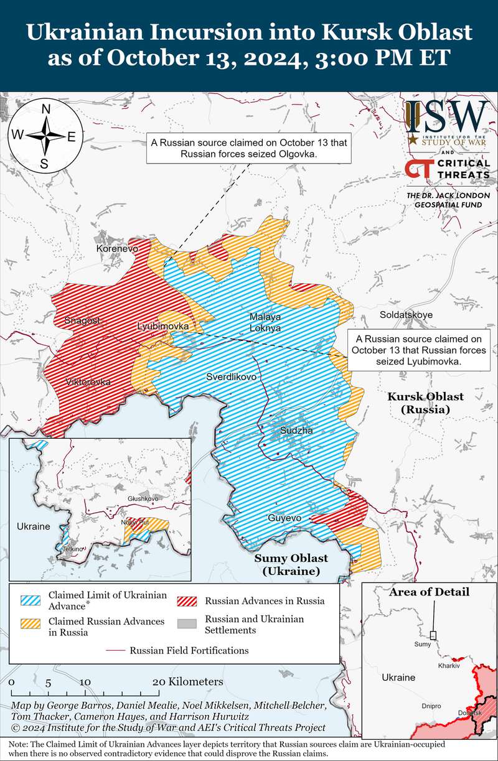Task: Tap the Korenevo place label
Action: tap(116, 248)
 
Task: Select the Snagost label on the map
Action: tap(82, 320)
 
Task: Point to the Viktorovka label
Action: tap(88, 381)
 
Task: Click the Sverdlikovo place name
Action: tap(232, 377)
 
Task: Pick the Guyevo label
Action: tap(284, 518)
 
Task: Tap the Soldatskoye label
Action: tap(406, 315)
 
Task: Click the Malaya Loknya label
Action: tap(265, 322)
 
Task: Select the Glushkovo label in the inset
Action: tap(143, 498)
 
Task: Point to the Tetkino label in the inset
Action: tap(73, 549)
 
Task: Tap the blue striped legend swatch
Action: tap(32, 600)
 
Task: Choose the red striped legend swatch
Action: tap(187, 600)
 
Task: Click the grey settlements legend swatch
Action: tap(187, 624)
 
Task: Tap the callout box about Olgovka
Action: tap(247, 148)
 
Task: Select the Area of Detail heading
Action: tap(429, 592)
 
